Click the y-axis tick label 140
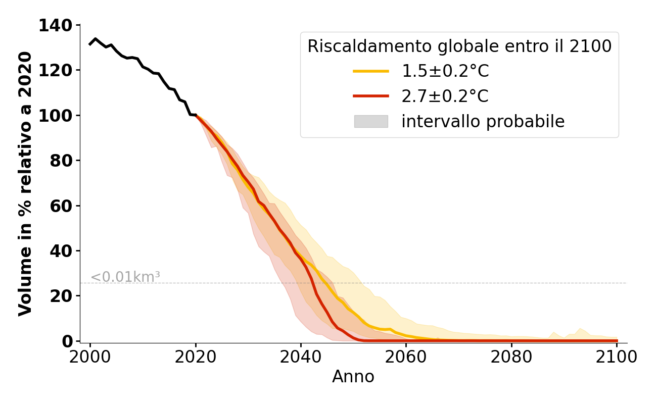coord(56,25)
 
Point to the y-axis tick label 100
coord(56,116)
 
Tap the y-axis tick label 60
coord(62,206)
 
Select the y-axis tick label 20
coord(62,296)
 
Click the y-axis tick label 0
coord(67,341)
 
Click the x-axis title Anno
coord(353,377)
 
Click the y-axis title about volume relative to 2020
coord(25,184)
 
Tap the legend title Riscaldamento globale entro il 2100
coord(459,46)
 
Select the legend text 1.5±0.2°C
coord(445,71)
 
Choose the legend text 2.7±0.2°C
coord(445,96)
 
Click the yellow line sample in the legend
coord(371,71)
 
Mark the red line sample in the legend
coord(371,96)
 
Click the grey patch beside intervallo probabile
coord(371,121)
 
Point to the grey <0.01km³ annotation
coord(125,277)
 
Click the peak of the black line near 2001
coord(96,39)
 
